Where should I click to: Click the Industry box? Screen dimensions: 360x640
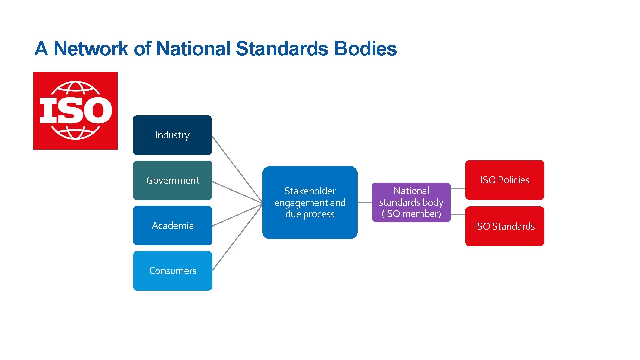coord(172,135)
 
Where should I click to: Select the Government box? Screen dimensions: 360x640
coord(173,180)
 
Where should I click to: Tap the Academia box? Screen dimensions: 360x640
coord(173,226)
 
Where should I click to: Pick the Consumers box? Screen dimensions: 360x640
coord(173,271)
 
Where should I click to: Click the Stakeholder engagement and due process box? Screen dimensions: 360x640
coord(310,202)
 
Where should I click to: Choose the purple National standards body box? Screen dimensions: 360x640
coord(411,202)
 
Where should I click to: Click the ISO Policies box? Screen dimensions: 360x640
coord(505,180)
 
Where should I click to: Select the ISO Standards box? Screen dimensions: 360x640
coord(505,226)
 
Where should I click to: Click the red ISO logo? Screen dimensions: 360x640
coord(75,111)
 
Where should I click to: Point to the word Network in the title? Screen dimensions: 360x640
coord(91,49)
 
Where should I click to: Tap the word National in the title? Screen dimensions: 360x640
coord(193,49)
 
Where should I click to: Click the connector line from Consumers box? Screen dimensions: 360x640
coord(237,237)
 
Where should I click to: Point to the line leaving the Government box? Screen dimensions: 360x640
coord(237,192)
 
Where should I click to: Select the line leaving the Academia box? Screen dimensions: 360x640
coord(237,215)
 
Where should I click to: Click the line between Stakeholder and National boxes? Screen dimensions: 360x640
coord(365,203)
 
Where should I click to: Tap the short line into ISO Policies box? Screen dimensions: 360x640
coord(458,188)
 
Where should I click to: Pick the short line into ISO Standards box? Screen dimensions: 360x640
coord(458,214)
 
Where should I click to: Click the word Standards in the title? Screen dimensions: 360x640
coord(282,49)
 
